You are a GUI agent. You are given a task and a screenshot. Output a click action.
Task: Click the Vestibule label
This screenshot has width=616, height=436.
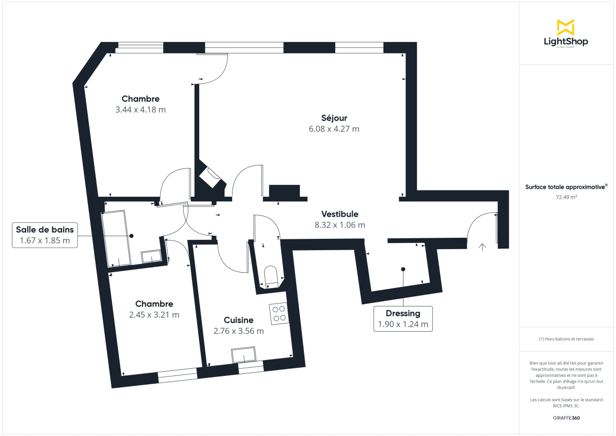point(340,214)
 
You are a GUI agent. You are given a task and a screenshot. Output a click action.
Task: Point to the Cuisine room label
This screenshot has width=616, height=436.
point(239,320)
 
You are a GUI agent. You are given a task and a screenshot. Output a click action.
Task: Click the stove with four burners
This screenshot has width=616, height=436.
point(279,313)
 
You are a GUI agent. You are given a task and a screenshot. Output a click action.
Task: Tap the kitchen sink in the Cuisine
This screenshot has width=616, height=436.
point(243,355)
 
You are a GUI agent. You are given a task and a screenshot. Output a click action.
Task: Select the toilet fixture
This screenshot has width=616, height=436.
point(270,276)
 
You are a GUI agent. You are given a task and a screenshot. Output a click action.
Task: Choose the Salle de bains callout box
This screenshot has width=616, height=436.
point(45,235)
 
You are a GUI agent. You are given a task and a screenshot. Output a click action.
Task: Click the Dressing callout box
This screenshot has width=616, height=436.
point(403,318)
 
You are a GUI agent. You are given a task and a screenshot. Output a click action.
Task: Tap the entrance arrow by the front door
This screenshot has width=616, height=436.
point(482,247)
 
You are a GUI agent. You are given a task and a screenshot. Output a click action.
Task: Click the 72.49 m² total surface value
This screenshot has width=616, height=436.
point(566,197)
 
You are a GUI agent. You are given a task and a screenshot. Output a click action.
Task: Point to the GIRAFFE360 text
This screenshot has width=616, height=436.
point(566,418)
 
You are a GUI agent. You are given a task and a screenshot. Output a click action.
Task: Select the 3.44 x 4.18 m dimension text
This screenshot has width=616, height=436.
point(141,109)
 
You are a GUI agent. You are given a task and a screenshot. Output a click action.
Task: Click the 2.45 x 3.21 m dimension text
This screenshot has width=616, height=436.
point(154,315)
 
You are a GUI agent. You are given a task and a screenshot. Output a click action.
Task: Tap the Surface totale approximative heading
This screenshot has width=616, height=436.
point(566,187)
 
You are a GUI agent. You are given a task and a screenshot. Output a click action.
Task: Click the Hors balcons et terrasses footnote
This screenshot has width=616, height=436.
point(566,339)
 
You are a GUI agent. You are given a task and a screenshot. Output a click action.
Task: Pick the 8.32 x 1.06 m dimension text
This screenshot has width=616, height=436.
point(340,225)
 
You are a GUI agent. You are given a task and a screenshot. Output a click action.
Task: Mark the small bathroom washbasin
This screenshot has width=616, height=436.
point(151,257)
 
